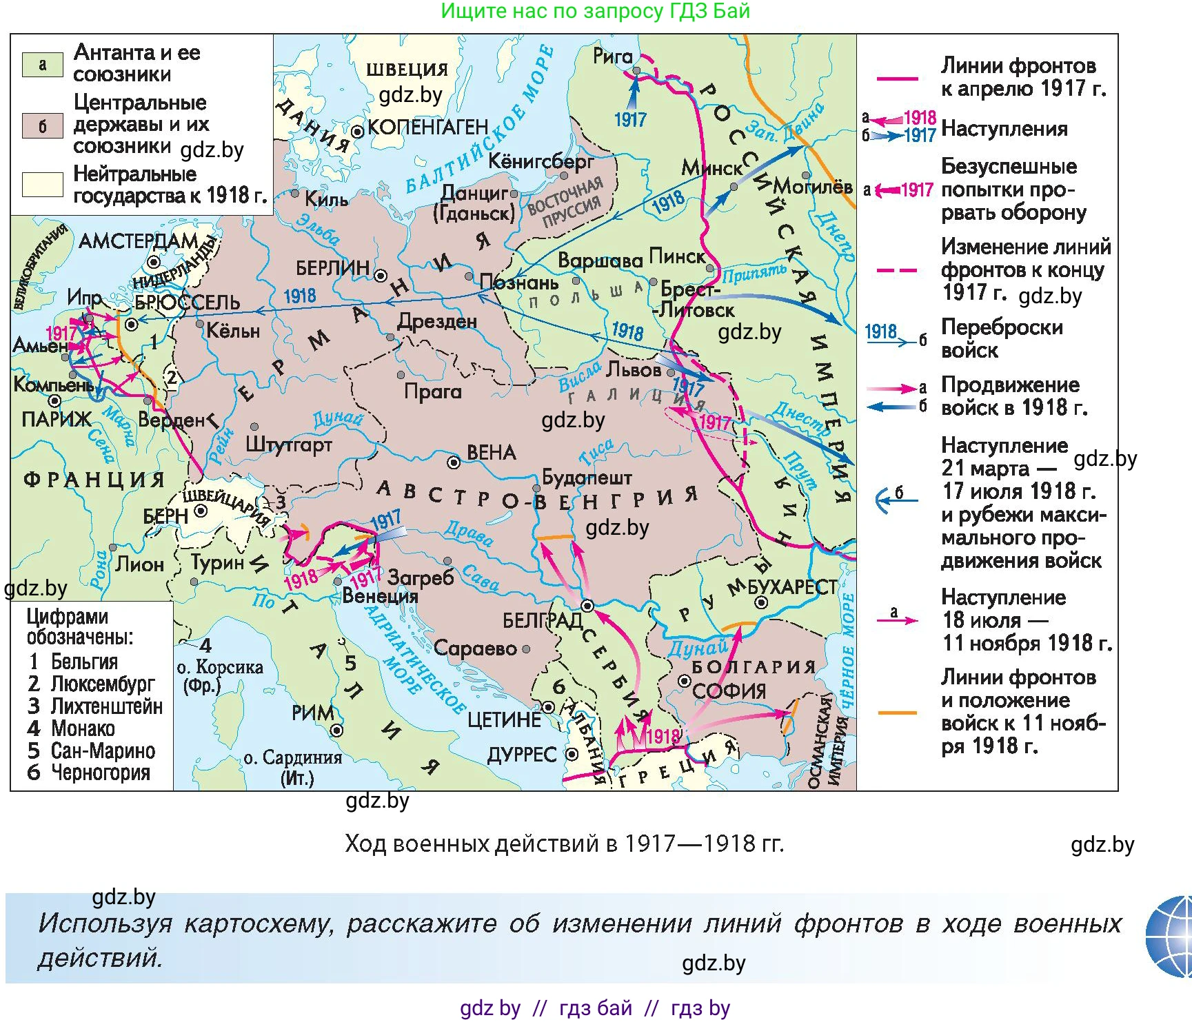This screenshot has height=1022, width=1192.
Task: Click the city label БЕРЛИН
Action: tap(332, 267)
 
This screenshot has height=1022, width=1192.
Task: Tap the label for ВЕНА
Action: tap(491, 453)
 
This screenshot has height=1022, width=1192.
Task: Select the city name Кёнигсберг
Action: tap(541, 161)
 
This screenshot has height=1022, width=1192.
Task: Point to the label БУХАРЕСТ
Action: tap(792, 587)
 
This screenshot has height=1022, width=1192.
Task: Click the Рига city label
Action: tap(612, 57)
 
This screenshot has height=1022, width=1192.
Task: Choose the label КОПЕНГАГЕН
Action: tap(427, 127)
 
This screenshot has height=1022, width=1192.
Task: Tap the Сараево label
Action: tap(475, 648)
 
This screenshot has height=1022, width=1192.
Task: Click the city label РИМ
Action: tap(312, 713)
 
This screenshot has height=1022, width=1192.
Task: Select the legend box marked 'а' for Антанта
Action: tap(42, 64)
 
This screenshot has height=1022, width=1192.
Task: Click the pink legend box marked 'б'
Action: tap(42, 126)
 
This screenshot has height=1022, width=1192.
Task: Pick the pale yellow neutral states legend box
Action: tap(42, 185)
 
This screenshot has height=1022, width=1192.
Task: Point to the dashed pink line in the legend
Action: tap(896, 271)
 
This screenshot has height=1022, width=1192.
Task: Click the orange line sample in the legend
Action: tap(896, 713)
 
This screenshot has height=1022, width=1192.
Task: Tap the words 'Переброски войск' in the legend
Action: tap(1001, 338)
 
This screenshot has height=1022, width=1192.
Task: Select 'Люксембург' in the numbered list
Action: tap(102, 684)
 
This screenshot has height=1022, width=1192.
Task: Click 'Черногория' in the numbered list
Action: tap(100, 773)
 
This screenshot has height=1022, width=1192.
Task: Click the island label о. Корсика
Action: tap(219, 667)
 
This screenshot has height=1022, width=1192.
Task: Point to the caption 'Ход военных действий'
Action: tap(564, 844)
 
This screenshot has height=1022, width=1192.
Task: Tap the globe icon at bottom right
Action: tap(1171, 937)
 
